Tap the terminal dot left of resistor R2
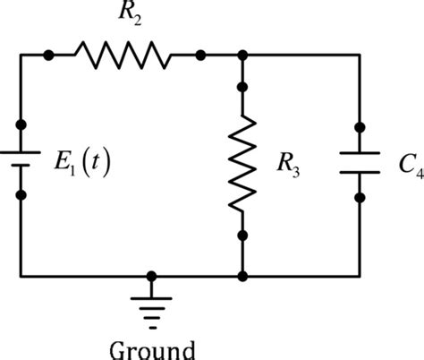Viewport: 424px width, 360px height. pos(48,56)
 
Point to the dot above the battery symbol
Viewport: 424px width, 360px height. pos(20,124)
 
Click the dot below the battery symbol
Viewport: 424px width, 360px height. pos(20,194)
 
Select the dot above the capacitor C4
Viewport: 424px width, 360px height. pos(360,126)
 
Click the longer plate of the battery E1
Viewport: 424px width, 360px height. pos(20,151)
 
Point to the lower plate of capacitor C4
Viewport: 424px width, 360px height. pos(360,171)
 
